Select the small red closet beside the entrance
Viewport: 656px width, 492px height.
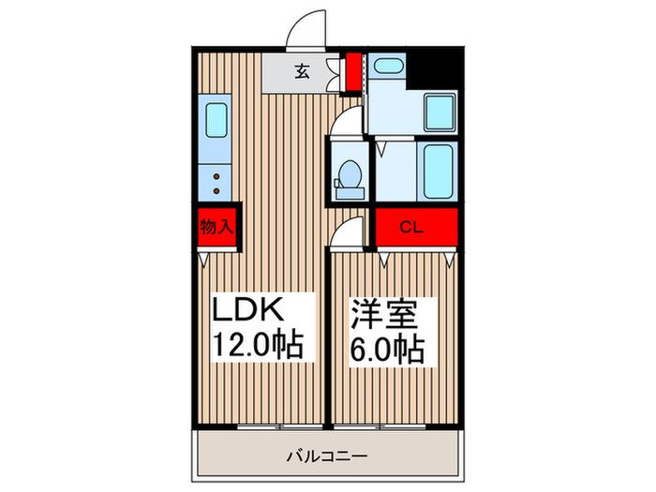353,74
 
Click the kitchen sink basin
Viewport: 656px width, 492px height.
216,121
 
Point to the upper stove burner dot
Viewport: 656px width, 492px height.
217,174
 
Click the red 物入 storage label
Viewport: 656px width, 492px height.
217,226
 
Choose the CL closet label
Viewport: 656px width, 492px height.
410,226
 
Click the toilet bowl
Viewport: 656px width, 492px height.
349,175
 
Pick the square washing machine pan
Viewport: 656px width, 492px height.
438,112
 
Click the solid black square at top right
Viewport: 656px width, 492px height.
436,66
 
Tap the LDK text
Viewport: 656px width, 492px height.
250,309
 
